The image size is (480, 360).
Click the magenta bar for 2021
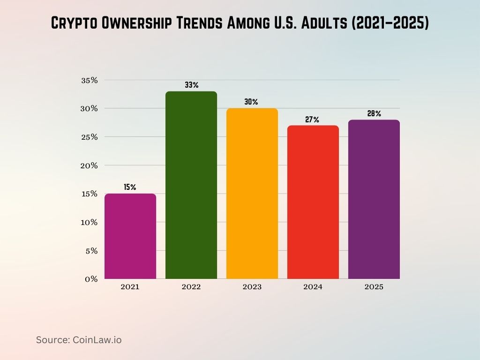(130, 236)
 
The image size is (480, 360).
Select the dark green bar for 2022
(191, 185)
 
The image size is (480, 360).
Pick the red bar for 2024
(313, 202)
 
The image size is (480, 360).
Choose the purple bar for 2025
(374, 199)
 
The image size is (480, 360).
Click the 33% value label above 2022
(191, 85)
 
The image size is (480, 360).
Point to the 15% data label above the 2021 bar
(130, 187)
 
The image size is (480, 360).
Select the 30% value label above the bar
(252, 102)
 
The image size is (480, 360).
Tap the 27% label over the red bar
(313, 120)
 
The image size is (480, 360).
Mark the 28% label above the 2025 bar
(374, 114)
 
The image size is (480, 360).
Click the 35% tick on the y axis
(89, 80)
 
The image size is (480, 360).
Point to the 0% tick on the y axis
(91, 279)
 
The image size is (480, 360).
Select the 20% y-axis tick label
(89, 165)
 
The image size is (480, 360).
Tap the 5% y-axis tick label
(91, 251)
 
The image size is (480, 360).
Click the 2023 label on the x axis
(252, 287)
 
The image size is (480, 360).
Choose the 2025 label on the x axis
(374, 287)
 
